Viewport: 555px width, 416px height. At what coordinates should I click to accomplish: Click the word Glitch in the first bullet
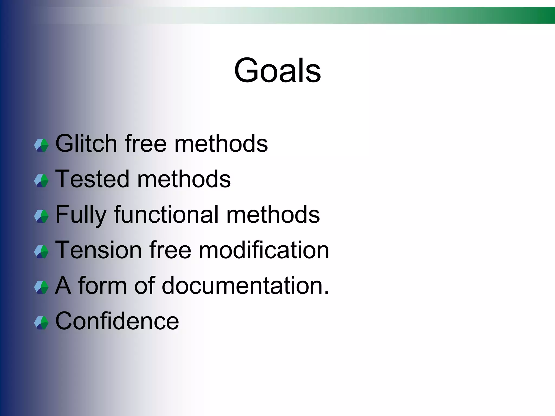(x=86, y=144)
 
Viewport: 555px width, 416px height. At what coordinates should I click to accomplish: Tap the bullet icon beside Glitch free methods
(x=41, y=145)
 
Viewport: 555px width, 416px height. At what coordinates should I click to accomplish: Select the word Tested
(x=92, y=179)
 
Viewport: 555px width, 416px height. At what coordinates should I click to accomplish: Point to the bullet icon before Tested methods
(x=41, y=181)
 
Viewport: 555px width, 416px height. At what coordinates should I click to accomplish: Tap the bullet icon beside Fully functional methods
(x=41, y=216)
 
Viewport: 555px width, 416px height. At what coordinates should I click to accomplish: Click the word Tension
(x=98, y=250)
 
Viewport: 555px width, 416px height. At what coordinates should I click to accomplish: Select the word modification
(x=264, y=250)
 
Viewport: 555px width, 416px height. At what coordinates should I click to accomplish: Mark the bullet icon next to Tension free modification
(x=41, y=252)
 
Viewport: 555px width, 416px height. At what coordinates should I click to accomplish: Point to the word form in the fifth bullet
(x=102, y=285)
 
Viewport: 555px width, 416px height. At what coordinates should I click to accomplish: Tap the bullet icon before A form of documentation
(x=41, y=287)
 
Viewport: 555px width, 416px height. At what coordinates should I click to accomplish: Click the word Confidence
(x=117, y=321)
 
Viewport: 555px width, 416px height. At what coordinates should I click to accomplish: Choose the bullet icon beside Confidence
(x=41, y=323)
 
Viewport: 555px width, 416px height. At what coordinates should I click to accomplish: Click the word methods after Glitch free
(x=221, y=144)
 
